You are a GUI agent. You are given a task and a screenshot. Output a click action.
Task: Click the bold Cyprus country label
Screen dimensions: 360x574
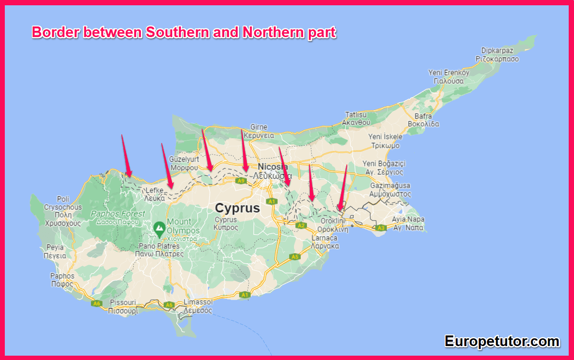coord(237,208)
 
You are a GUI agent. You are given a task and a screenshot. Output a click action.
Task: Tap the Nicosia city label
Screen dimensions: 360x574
coord(273,167)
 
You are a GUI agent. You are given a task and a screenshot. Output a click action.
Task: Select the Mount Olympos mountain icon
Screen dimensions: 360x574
coord(158,227)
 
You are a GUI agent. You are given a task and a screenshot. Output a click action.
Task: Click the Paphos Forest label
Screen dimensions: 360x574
coord(118,213)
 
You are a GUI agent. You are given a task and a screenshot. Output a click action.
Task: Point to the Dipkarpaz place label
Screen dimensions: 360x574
coord(497,51)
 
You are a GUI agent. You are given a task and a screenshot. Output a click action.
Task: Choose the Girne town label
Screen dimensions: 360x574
coord(258,127)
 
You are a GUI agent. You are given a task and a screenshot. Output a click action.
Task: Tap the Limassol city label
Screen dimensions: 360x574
coord(198,302)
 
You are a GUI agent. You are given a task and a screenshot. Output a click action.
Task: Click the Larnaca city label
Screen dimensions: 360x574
coord(325,238)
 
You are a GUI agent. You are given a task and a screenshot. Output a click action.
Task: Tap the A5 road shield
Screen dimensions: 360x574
coord(295,257)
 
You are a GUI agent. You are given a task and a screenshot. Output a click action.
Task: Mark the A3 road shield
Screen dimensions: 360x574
coord(381,227)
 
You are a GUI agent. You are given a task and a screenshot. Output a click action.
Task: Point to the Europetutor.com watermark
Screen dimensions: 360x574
coord(502,341)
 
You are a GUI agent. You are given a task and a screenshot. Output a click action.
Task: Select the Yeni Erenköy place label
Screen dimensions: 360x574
coord(448,73)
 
